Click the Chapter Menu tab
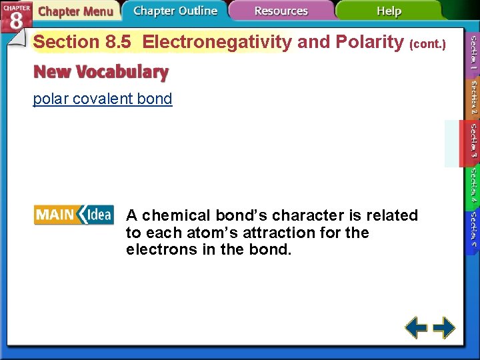pos(75,11)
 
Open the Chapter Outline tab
pos(175,11)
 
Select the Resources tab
pos(281,11)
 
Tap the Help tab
pos(389,11)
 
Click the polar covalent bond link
pos(103,99)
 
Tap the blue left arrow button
pos(417,327)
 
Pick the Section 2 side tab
pos(473,97)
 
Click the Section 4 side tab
pos(473,185)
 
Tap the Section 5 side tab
pos(473,229)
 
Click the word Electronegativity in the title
pos(217,42)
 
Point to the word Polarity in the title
pos(369,42)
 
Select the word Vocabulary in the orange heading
pos(127,71)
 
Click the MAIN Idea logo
pos(73,215)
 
